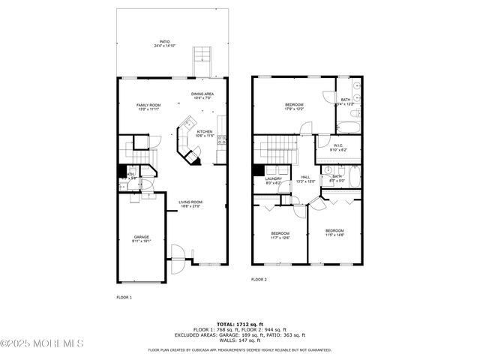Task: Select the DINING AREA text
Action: pos(202,95)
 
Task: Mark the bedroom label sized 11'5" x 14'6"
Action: pos(334,232)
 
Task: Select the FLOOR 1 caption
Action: pos(124,298)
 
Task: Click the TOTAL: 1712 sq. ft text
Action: pos(239,323)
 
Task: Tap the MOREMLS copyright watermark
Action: pos(42,343)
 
